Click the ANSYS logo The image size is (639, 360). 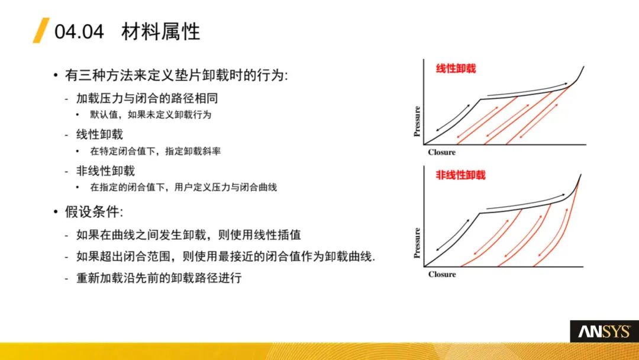[604, 332]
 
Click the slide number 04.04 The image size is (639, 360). [79, 32]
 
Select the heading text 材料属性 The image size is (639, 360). [160, 31]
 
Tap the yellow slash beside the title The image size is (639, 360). [41, 30]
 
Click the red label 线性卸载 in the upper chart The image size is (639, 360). [456, 69]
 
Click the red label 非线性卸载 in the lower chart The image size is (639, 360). [460, 175]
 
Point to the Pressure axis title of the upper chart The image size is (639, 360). [417, 121]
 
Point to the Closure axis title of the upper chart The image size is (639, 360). [442, 152]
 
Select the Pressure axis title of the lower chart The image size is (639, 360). [417, 243]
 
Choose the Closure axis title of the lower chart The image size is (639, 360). [442, 274]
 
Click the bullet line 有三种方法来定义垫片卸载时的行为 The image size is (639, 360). [176, 75]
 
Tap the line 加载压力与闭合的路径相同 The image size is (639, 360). [147, 98]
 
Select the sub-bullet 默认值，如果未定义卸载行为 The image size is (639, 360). [151, 114]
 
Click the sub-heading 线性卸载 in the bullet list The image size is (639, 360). [99, 134]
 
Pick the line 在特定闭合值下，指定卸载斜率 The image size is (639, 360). [155, 151]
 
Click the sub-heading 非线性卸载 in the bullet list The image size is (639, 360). [105, 171]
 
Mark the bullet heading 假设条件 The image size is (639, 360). [93, 212]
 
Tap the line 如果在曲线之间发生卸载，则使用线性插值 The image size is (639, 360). [189, 235]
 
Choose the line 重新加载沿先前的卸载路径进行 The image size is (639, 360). [159, 278]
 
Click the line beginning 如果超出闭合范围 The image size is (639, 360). [226, 256]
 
